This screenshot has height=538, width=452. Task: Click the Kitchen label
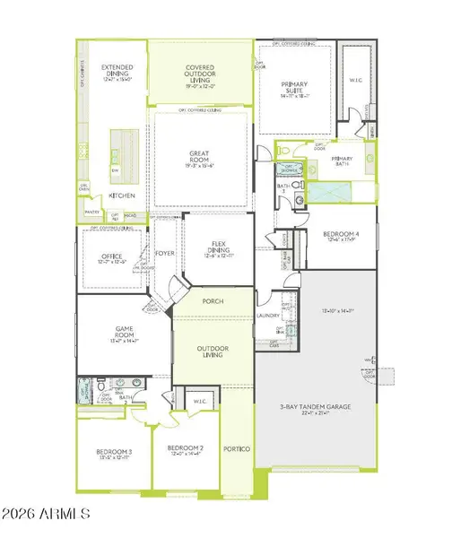(122, 195)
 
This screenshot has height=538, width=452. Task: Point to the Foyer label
(165, 253)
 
